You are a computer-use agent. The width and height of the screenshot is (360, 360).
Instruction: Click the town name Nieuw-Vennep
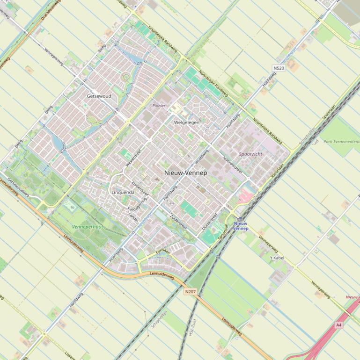[x=185, y=173]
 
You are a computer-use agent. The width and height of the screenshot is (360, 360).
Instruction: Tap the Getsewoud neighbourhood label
[x=99, y=96]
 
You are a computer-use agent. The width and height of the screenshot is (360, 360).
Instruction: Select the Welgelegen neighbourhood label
[x=186, y=122]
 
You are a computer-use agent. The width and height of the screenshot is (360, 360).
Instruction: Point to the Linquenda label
[x=123, y=192]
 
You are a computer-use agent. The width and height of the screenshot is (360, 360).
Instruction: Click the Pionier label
[x=159, y=106]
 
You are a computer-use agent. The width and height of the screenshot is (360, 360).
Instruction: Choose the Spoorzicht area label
[x=250, y=153]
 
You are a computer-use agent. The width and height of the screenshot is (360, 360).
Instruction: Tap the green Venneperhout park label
[x=88, y=226]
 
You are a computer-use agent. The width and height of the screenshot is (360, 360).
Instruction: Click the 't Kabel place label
[x=277, y=258]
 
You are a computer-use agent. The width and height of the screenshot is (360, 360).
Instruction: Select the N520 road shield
[x=279, y=68]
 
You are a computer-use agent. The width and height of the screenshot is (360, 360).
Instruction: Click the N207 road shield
[x=190, y=292]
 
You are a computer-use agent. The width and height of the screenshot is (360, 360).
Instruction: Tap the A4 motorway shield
[x=339, y=324]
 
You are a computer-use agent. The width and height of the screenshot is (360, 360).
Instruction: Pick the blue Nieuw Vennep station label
[x=240, y=226]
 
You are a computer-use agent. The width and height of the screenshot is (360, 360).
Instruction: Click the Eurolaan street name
[x=162, y=252]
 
